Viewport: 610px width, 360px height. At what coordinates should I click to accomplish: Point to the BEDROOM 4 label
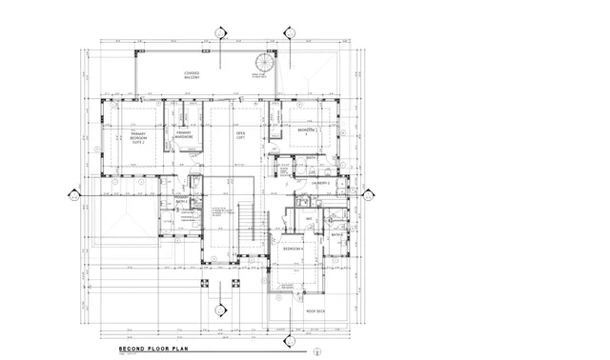coord(293,249)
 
